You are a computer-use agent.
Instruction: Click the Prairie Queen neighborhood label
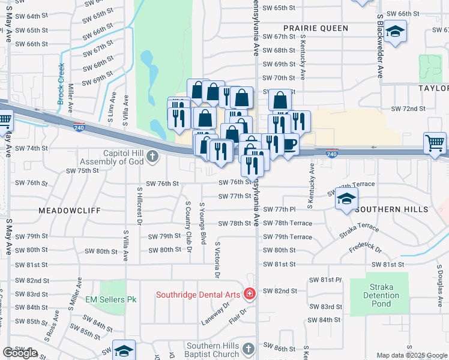pos(316,28)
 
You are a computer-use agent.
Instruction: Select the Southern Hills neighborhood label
pos(391,209)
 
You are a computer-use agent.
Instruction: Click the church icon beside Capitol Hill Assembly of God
pos(152,157)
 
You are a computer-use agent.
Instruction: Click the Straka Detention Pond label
pos(381,295)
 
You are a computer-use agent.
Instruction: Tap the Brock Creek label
pos(61,85)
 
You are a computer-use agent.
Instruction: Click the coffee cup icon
pos(289,145)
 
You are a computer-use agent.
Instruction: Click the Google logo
pos(20,353)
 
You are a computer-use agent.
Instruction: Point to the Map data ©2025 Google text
pos(411,355)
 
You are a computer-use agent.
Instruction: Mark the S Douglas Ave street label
pos(440,282)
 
